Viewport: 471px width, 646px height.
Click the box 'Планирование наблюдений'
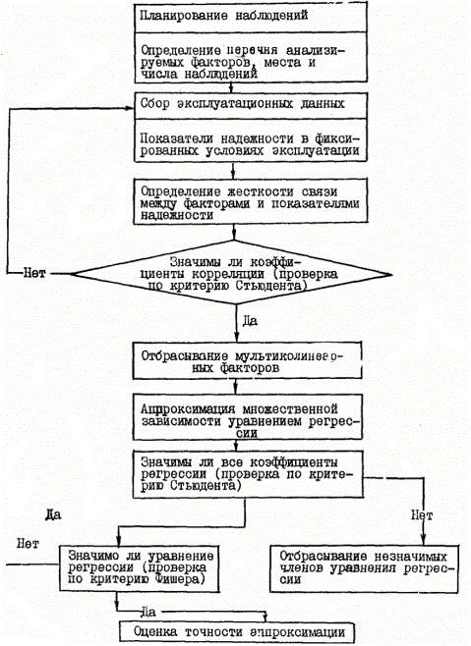[251, 17]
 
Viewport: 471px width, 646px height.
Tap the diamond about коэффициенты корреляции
[231, 273]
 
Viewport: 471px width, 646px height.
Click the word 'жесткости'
[266, 191]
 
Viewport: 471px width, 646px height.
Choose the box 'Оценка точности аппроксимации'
[237, 631]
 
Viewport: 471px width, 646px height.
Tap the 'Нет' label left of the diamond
[33, 273]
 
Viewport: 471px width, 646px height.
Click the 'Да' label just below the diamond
[250, 321]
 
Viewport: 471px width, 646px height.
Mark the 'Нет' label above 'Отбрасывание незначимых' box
[422, 515]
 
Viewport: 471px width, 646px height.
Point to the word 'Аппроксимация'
[188, 409]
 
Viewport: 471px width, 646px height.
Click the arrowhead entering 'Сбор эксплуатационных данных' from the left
[131, 108]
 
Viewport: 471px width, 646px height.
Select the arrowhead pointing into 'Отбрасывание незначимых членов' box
[422, 542]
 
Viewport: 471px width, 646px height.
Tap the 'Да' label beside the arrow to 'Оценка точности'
[148, 612]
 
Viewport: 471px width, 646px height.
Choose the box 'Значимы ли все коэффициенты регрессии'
[247, 474]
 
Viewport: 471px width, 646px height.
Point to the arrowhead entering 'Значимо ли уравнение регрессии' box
[118, 542]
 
